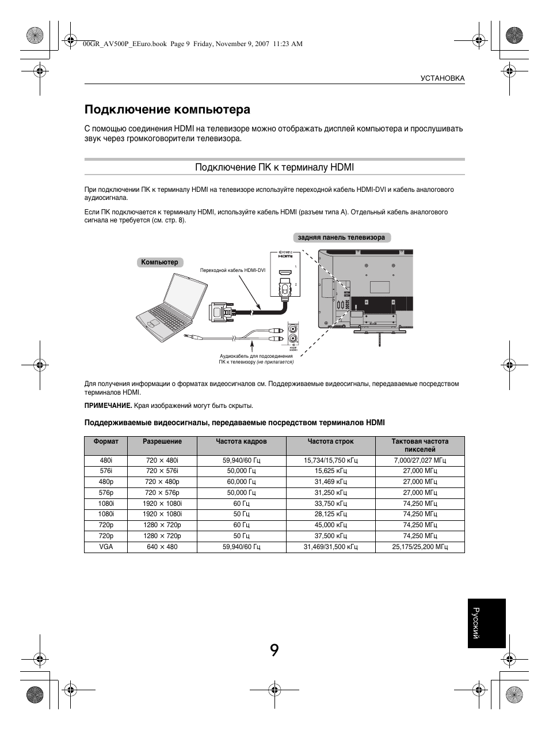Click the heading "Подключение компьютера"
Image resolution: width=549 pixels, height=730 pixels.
167,109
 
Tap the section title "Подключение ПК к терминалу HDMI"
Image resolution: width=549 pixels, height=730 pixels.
274,167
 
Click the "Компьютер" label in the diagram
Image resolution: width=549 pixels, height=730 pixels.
160,263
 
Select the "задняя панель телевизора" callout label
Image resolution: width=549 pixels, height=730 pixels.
341,237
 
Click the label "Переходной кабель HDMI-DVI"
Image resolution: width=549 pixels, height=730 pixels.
232,270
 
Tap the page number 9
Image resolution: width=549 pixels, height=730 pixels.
274,650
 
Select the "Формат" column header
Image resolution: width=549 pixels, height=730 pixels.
106,442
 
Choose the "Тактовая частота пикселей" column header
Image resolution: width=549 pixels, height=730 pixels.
420,445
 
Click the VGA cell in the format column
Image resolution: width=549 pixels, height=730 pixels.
106,547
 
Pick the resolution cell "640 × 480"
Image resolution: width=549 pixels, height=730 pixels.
162,547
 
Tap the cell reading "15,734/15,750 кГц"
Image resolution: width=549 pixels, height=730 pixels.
330,460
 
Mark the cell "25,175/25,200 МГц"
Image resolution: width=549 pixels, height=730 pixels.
420,547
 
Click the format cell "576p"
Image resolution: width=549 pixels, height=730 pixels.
106,493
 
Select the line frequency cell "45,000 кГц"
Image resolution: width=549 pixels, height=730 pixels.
330,525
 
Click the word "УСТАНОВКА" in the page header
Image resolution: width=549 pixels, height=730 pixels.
442,78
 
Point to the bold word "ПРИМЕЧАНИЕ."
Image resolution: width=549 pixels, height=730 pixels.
108,406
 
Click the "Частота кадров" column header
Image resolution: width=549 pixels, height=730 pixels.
241,442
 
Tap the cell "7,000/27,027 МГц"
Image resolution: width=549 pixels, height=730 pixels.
420,460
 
